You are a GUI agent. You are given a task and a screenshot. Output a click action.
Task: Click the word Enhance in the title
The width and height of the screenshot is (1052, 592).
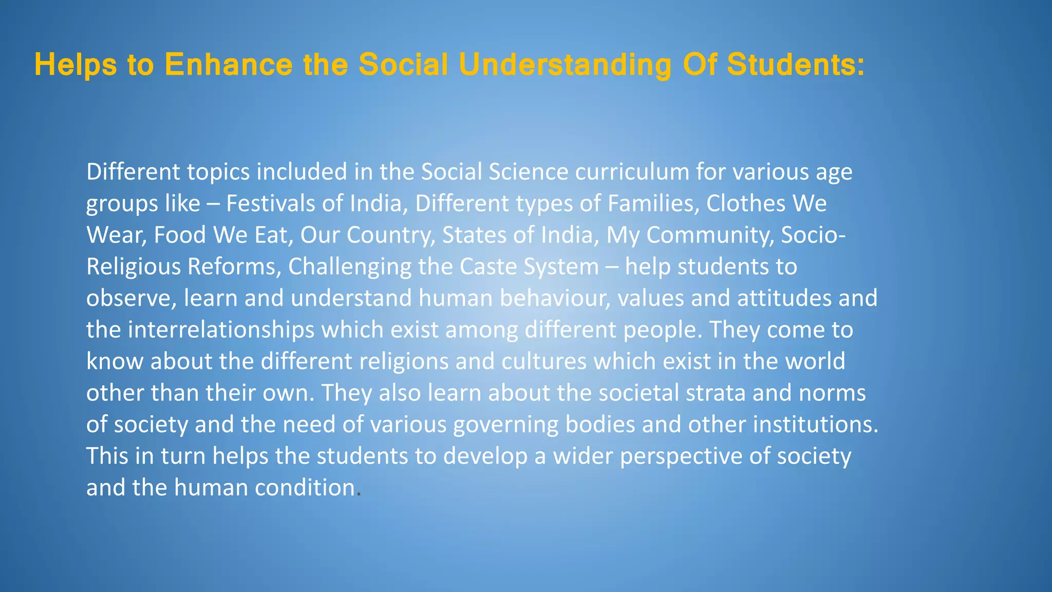point(228,65)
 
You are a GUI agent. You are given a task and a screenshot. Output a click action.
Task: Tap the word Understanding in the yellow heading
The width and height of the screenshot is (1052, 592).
point(565,66)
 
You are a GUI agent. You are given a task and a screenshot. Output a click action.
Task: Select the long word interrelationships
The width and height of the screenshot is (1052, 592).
point(221,330)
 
